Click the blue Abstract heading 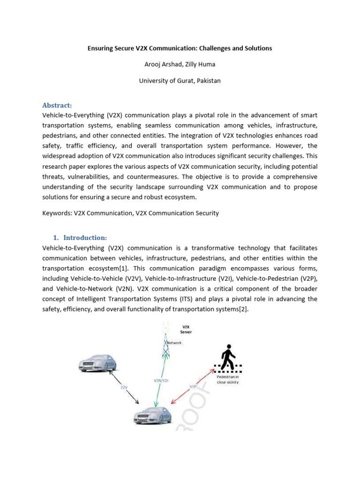pos(57,105)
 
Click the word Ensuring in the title pos(101,48)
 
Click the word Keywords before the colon pos(56,213)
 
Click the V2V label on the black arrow pos(124,388)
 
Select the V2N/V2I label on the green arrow pos(161,381)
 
